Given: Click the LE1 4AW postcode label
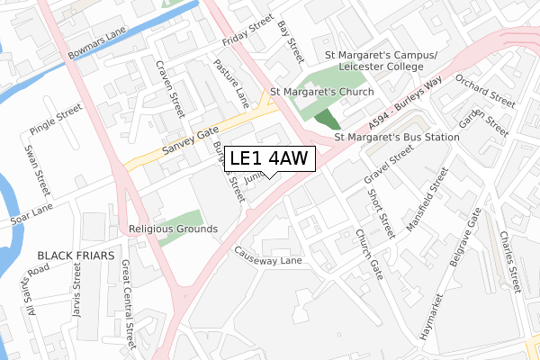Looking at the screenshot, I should click(269, 158).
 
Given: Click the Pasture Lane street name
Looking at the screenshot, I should click(229, 78).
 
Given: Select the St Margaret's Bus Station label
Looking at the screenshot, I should click(396, 137).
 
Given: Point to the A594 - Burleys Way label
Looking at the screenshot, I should click(401, 105).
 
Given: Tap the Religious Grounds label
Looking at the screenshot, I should click(174, 229).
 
